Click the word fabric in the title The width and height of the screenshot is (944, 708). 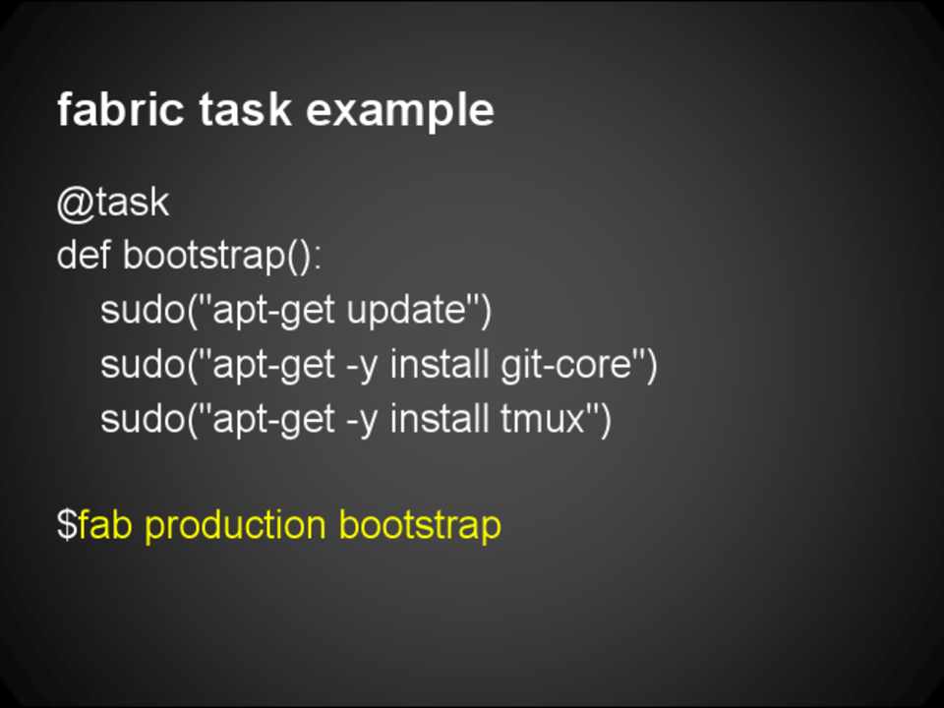[x=120, y=109]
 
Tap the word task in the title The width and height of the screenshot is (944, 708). [x=245, y=109]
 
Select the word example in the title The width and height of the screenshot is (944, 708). [x=400, y=112]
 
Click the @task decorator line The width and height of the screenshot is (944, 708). [x=113, y=203]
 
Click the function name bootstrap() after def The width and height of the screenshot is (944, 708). [x=222, y=257]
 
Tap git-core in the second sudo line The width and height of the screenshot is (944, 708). [x=565, y=366]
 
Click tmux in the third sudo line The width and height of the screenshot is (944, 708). [x=543, y=419]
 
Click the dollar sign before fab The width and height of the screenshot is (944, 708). [x=67, y=524]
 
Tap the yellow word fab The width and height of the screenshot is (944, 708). [x=105, y=524]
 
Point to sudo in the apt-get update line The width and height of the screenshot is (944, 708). [x=142, y=310]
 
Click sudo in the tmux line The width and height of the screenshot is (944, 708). [x=142, y=418]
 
